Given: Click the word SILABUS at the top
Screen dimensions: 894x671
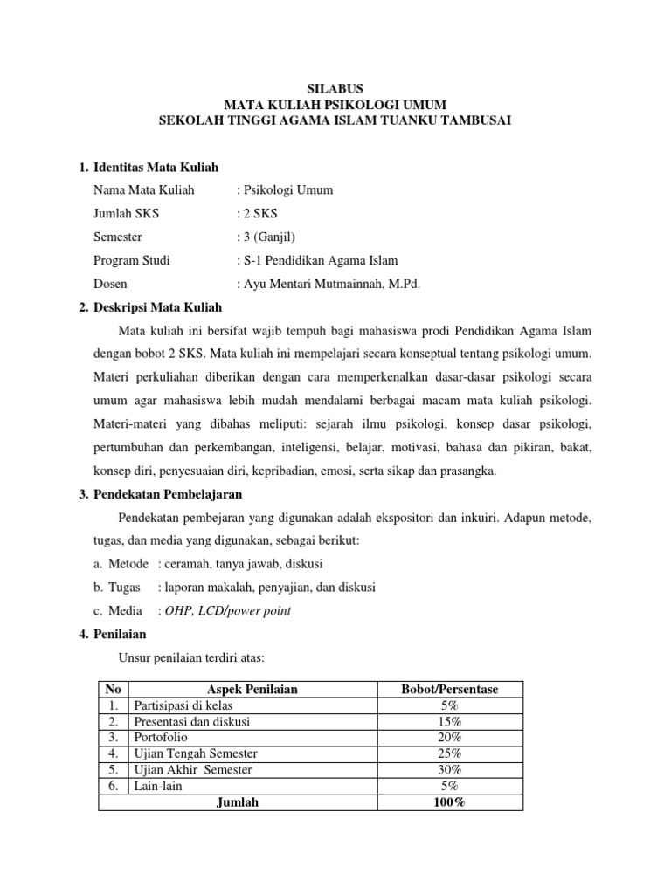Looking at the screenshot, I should tap(335, 87).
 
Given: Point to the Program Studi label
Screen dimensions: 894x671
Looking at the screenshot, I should tap(131, 260).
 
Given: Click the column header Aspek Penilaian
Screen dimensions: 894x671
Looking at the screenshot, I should tap(252, 689).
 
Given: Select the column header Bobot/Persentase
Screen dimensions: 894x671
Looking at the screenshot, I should tap(449, 689).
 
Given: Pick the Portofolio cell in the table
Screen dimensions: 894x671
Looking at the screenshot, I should tap(161, 737).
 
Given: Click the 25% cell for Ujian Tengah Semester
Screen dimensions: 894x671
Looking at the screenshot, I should tap(449, 753).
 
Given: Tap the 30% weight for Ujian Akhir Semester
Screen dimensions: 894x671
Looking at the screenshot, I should tap(449, 768).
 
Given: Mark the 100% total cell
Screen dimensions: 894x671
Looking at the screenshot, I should tap(449, 801).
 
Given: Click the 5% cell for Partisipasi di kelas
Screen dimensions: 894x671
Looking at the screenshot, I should tap(449, 705).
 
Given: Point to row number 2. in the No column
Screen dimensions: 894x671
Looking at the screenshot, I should tap(113, 721).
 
